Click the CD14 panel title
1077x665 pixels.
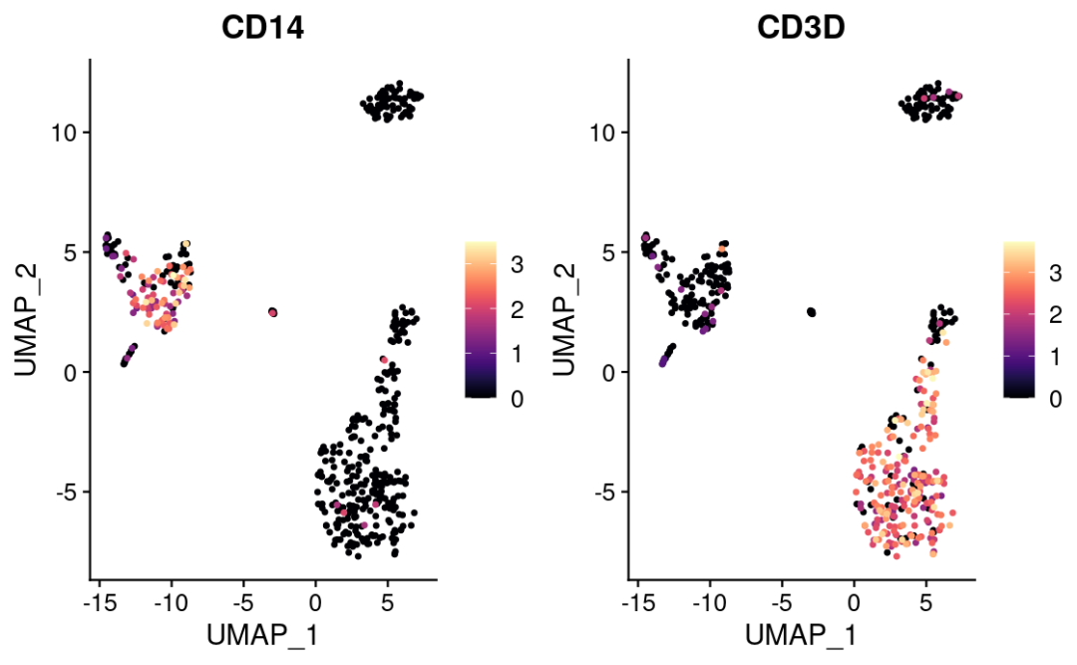[x=263, y=30]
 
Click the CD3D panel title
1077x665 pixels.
[x=801, y=30]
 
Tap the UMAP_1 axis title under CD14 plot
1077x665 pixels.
[x=263, y=634]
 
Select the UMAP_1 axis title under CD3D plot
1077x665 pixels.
[x=801, y=634]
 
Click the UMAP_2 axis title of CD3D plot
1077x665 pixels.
[x=565, y=318]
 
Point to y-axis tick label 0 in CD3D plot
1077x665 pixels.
[x=610, y=372]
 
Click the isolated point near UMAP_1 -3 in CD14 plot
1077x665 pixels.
[x=272, y=313]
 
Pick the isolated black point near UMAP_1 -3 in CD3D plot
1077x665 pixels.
[x=811, y=313]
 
